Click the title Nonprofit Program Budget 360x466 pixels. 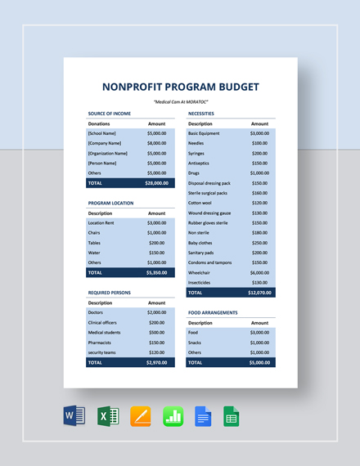coord(180,87)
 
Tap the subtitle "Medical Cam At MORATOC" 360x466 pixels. coord(180,101)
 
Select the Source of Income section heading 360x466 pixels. coord(110,114)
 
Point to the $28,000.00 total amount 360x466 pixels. coord(156,183)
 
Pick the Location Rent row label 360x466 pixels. coord(102,222)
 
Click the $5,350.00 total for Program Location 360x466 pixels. coord(156,272)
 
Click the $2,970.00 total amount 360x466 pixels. coord(156,361)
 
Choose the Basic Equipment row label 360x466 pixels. coord(204,133)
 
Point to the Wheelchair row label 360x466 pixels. coord(200,272)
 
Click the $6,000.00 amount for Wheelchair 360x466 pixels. coord(259,272)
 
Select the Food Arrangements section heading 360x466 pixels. coord(213,312)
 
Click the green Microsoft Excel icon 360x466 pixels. coord(108,416)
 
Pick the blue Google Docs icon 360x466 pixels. coord(203,416)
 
